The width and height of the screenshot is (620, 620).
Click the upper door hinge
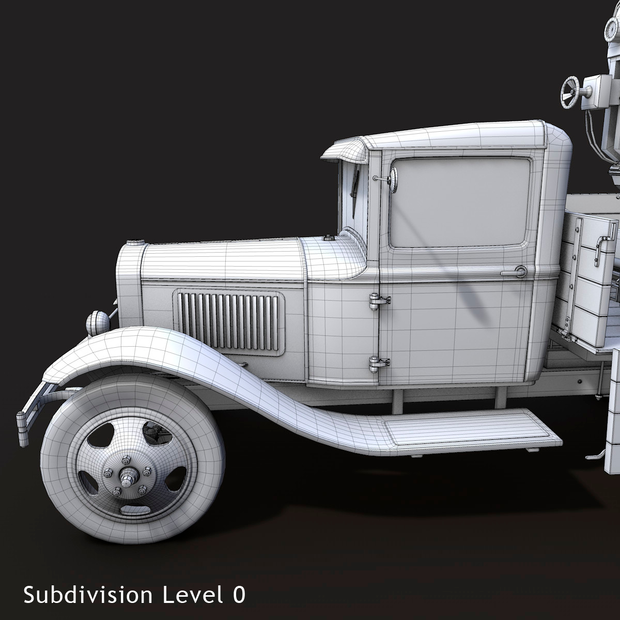[x=379, y=301]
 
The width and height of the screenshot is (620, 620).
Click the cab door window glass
[x=460, y=202]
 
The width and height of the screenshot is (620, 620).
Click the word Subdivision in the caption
[x=88, y=595]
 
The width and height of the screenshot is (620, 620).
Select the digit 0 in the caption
[x=238, y=595]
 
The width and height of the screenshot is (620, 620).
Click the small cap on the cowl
[x=327, y=238]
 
